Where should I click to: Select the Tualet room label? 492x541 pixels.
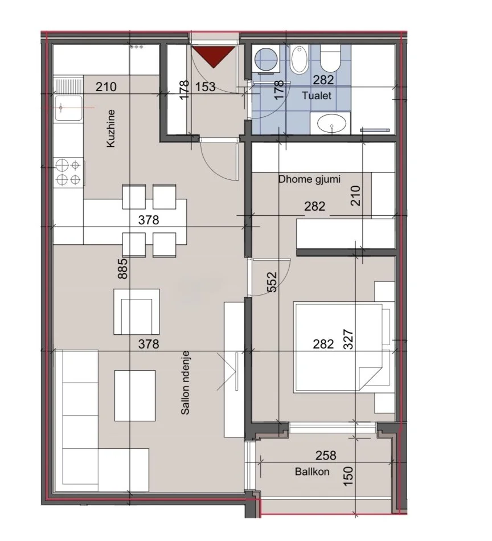[317, 96]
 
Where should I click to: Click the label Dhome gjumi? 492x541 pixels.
[309, 179]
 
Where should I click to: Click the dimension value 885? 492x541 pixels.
[121, 268]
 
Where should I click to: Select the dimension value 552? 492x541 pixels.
[272, 281]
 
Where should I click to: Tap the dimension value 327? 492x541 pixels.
[350, 341]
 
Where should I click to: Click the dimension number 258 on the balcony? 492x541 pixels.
[326, 456]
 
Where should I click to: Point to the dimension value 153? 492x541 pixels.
[205, 87]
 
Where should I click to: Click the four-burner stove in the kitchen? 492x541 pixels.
[69, 173]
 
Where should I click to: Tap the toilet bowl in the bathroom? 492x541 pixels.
[330, 59]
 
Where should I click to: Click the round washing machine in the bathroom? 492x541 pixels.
[264, 59]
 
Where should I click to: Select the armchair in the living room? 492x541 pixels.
[136, 311]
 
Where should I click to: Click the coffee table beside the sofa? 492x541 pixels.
[135, 395]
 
